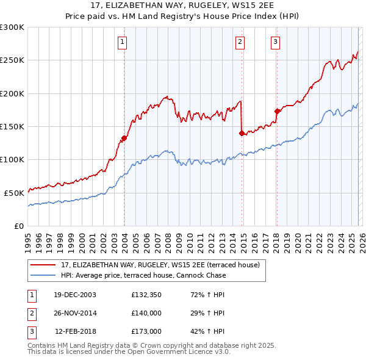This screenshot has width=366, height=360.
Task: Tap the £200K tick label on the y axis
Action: pos(12,93)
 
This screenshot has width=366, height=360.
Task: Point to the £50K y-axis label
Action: pos(14,192)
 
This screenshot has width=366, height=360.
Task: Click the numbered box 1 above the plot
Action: pos(123,42)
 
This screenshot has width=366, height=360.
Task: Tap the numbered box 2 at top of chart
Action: pos(240,42)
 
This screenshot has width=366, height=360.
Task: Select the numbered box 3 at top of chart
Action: pos(275,42)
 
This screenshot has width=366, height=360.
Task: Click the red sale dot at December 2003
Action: pos(124,138)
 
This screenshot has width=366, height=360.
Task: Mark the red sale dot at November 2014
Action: pos(242,132)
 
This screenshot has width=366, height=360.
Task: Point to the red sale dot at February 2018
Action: pos(277,111)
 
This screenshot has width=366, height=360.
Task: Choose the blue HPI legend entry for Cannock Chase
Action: pos(143,275)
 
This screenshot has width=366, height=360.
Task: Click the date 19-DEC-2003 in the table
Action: pos(74,295)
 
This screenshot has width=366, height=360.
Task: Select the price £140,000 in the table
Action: pos(146,313)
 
